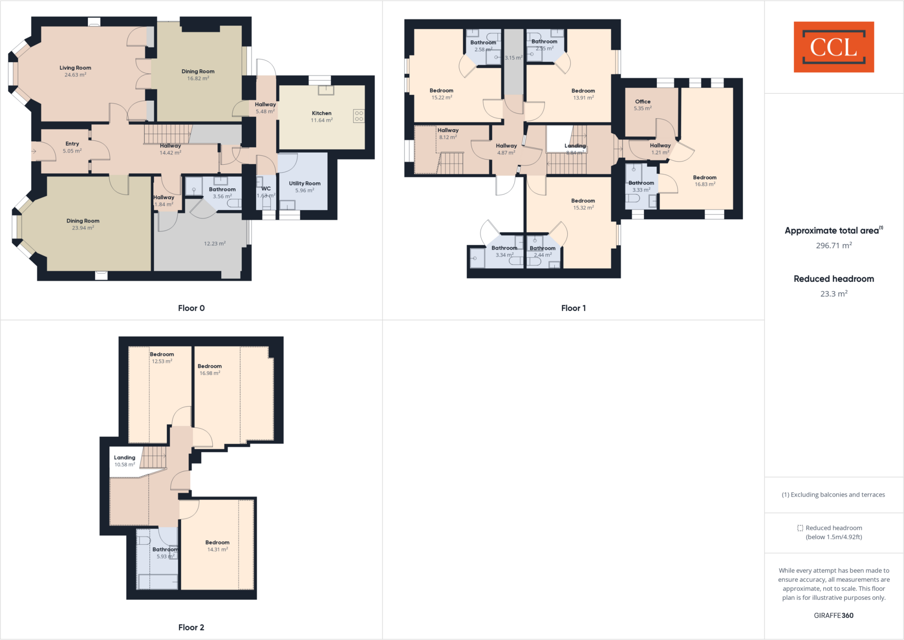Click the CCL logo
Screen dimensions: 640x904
[833, 47]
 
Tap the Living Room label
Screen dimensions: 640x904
[75, 68]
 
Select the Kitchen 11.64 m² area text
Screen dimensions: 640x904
[321, 120]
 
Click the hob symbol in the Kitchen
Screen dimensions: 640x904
[359, 116]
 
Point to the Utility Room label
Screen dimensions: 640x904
[305, 183]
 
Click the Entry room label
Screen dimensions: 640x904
[72, 144]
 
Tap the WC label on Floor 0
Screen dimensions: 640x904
[266, 189]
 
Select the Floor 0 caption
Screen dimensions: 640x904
[191, 308]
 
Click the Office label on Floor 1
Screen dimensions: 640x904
[642, 102]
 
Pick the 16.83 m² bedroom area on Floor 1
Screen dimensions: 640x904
[704, 185]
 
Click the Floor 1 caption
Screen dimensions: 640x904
[573, 308]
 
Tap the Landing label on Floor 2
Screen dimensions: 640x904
[124, 458]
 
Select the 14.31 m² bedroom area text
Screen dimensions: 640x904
[217, 549]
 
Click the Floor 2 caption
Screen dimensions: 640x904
[191, 627]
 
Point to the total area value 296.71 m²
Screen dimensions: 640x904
[833, 246]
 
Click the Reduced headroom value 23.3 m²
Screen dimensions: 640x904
[833, 294]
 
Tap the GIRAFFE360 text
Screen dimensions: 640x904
[833, 615]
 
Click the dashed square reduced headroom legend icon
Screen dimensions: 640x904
[800, 528]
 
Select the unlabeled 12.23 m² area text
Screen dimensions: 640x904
[215, 243]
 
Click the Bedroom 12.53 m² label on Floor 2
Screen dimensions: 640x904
[162, 354]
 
